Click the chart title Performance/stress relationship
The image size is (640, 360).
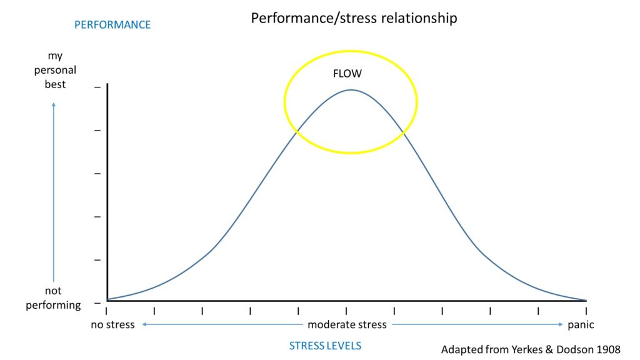coord(354,18)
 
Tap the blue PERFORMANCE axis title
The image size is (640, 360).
coord(112,25)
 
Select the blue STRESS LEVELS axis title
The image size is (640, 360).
coord(325,346)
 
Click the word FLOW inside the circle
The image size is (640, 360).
coord(347,73)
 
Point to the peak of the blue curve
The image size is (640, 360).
coord(351,90)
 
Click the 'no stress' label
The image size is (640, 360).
coord(112,325)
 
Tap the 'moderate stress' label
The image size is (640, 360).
coord(347,325)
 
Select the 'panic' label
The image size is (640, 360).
coord(581,325)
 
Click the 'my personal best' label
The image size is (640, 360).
coord(56,70)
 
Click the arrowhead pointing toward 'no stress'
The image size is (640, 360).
coord(143,325)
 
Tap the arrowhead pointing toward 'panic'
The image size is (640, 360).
coord(561,325)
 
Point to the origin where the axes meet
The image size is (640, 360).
coord(107,301)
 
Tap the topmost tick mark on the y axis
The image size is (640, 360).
coord(96,86)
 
